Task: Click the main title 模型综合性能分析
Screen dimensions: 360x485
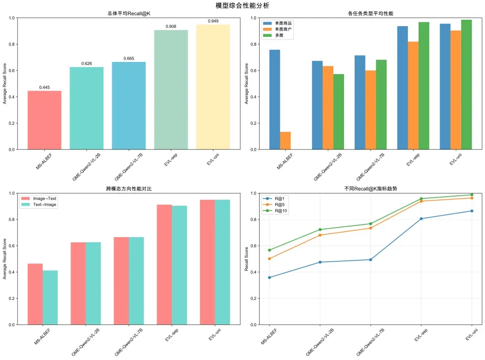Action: pos(242,5)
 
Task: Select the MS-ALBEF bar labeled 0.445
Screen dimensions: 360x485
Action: pos(44,120)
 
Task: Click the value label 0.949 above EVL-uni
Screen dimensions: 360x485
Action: pos(213,21)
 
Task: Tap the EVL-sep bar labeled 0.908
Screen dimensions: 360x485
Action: pos(171,90)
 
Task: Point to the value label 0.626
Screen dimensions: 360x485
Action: pos(87,64)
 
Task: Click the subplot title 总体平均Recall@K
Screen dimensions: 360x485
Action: pos(129,13)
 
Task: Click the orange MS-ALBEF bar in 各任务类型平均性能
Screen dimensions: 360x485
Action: pos(285,140)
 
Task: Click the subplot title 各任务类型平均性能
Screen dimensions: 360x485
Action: pos(371,13)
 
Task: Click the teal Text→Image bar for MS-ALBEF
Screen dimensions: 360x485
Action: pos(50,297)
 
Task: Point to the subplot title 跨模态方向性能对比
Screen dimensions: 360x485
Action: pos(129,189)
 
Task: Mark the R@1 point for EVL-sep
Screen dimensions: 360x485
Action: pos(421,219)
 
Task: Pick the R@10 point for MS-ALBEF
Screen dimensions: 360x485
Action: pos(269,250)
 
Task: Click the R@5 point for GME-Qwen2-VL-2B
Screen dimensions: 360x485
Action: pos(320,235)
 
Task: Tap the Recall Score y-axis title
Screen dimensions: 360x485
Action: pos(247,259)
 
